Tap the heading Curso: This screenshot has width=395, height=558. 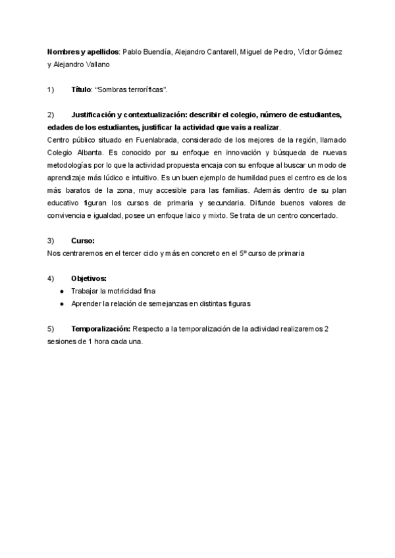[83, 241]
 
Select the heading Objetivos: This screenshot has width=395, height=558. [90, 278]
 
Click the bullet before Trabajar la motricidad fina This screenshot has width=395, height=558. [61, 291]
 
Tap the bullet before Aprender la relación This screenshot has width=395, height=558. [61, 303]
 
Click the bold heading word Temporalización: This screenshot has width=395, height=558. [101, 328]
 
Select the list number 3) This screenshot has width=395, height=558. [51, 241]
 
